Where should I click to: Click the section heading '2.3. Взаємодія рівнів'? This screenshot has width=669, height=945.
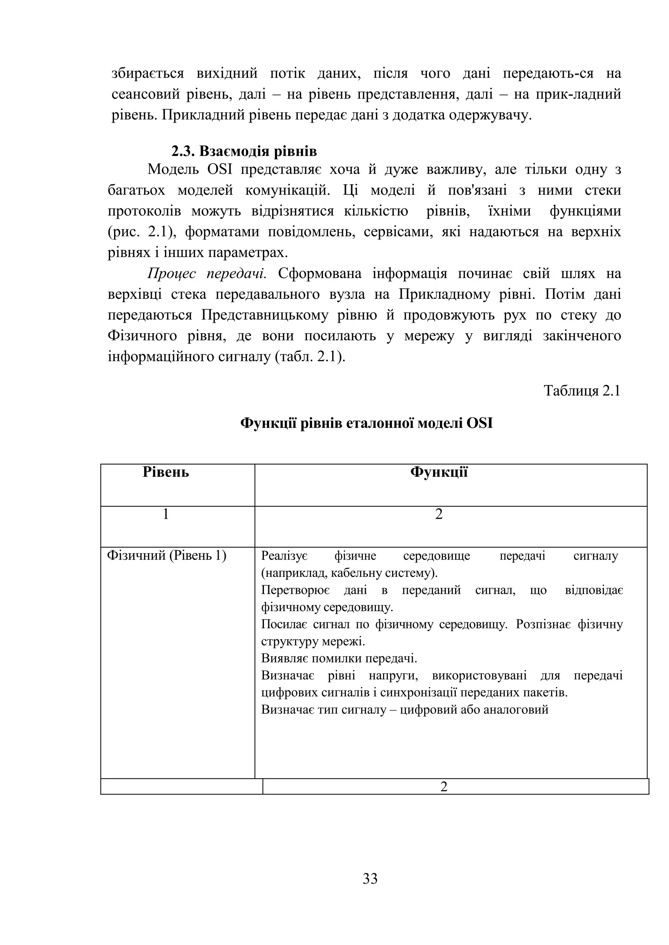coord(244,151)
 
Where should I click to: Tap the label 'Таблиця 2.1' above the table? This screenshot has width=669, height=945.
coord(582,390)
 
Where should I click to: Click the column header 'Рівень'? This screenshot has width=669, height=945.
coord(166,472)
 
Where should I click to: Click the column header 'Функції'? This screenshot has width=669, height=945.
coord(439,472)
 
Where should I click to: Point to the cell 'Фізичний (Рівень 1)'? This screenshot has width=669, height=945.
coord(166,556)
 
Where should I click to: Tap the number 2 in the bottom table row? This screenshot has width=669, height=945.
coord(444,786)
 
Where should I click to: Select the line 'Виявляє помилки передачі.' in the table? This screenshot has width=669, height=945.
coord(339,658)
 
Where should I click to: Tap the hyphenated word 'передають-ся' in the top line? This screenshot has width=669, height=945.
coord(548,74)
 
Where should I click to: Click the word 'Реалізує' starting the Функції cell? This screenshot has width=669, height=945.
coord(284,556)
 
